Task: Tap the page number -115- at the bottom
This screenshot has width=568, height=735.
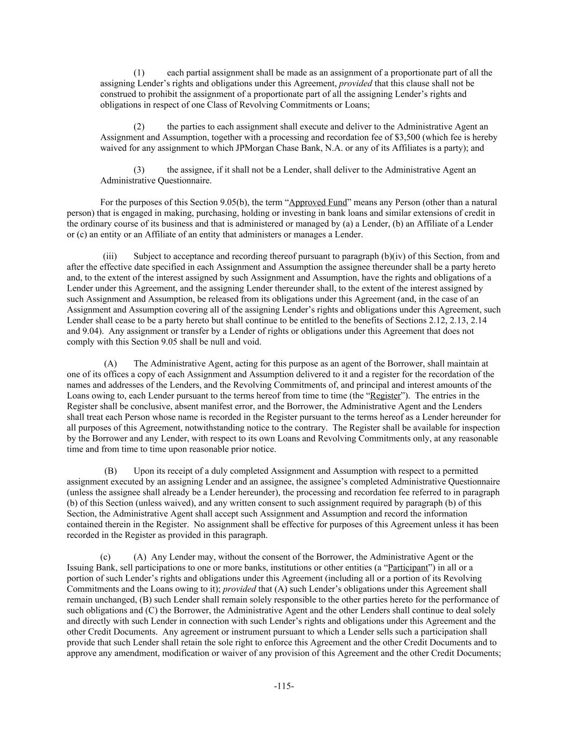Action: (x=284, y=686)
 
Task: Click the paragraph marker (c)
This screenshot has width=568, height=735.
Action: (x=106, y=557)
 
